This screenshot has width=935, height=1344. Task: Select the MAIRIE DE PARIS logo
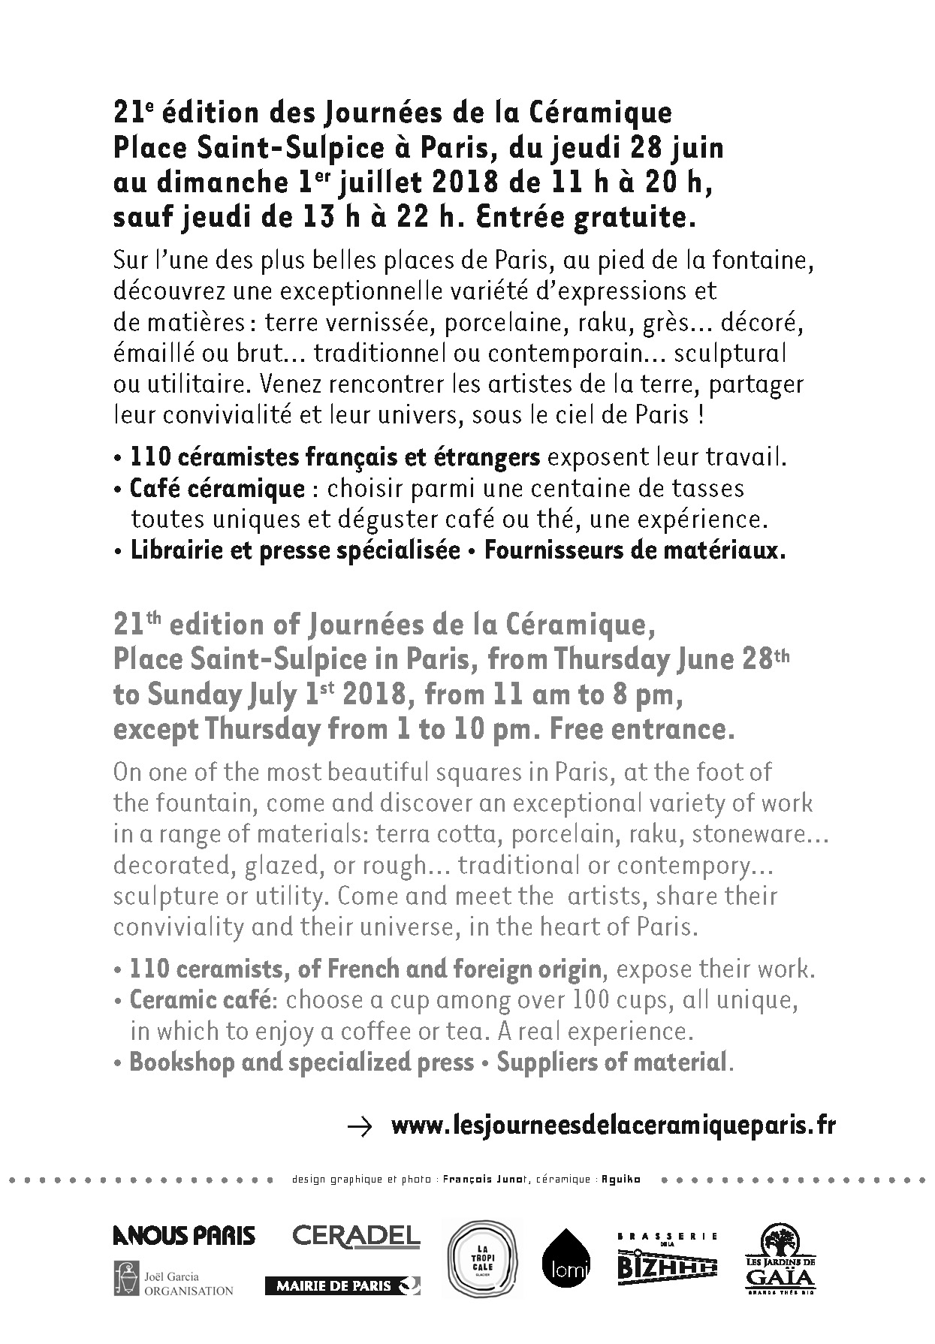coord(342,1285)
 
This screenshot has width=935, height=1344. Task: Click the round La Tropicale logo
coord(484,1260)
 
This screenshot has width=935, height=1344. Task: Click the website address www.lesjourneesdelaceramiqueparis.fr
coord(614,1126)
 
